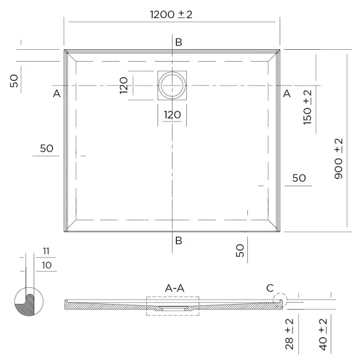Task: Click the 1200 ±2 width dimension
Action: pyautogui.click(x=171, y=14)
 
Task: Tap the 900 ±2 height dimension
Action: pyautogui.click(x=338, y=159)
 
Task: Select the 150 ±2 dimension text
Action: pyautogui.click(x=308, y=108)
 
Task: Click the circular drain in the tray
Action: pyautogui.click(x=172, y=85)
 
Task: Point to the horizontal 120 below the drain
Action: pyautogui.click(x=172, y=115)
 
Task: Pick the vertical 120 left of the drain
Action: pyautogui.click(x=123, y=85)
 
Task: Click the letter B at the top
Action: pyautogui.click(x=179, y=42)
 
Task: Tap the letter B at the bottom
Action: pyautogui.click(x=179, y=240)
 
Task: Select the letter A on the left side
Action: pyautogui.click(x=57, y=93)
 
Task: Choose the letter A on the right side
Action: pyautogui.click(x=287, y=93)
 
